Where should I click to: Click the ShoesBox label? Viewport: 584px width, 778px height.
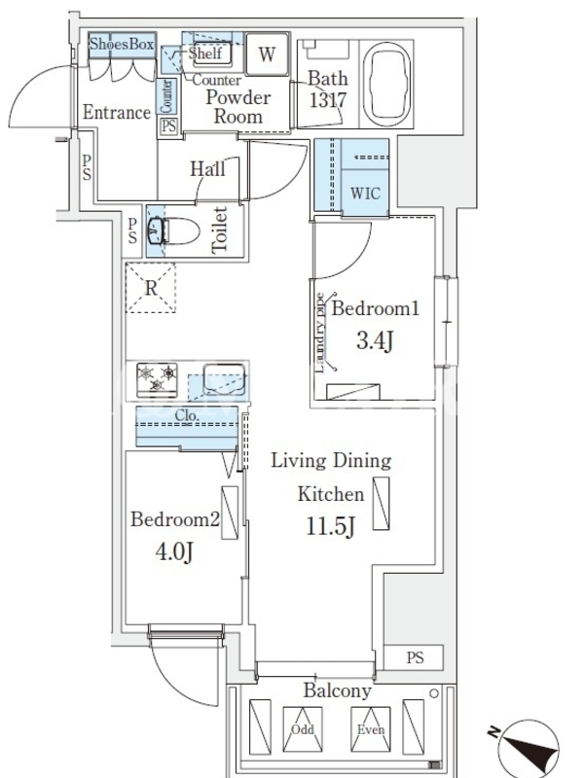pos(122,44)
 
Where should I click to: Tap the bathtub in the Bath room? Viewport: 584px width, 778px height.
pos(386,84)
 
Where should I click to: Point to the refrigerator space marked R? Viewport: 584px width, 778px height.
pos(151,288)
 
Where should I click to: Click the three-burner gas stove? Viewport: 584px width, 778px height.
pos(157,379)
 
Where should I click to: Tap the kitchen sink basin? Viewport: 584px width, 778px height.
pos(224,379)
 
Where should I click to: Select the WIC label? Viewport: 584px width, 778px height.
pos(366,193)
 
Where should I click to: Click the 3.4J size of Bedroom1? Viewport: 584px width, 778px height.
pos(375,341)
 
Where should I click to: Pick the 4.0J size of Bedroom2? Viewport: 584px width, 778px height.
pos(174,551)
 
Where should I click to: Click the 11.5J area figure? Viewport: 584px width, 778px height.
pos(330,525)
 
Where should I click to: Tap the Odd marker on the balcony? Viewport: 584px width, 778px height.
pos(303,729)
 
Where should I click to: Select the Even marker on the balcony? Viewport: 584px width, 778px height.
pos(371,729)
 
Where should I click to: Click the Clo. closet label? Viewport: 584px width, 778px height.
pos(187,415)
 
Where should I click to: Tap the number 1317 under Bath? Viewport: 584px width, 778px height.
pos(328,100)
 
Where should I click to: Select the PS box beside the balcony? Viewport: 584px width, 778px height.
pos(414,657)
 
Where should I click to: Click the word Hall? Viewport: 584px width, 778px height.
pos(207,169)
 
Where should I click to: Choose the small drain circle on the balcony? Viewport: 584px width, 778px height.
pos(434,693)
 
